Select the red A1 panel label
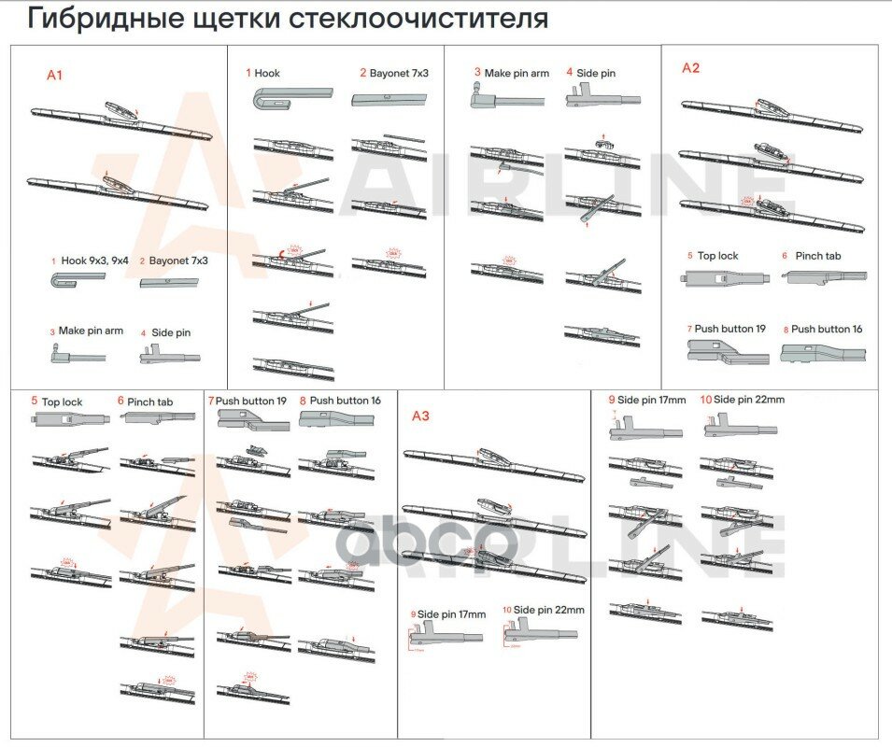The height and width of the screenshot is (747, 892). (55, 75)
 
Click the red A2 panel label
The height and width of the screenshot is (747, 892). (690, 67)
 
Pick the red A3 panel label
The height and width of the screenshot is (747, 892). (420, 416)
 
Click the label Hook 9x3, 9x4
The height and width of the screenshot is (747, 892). (94, 261)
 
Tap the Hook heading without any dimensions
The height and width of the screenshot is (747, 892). (266, 72)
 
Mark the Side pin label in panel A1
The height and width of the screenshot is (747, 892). (172, 331)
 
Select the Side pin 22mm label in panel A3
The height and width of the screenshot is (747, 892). (548, 610)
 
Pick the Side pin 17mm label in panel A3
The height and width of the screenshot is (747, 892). (451, 613)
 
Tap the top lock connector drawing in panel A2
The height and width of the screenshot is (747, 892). (724, 277)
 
